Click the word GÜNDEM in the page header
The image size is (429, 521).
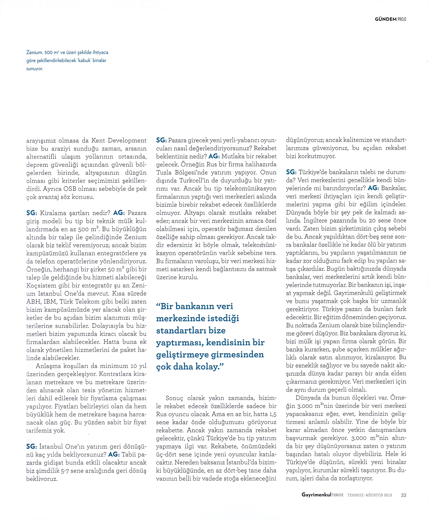tap(385, 19)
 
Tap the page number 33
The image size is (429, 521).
tap(403, 495)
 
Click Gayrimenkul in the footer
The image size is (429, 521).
tap(316, 495)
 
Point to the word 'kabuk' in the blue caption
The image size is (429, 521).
tap(83, 60)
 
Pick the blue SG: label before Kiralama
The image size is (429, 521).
tap(31, 213)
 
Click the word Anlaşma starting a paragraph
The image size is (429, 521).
tap(48, 366)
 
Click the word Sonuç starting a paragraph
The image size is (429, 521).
tap(174, 398)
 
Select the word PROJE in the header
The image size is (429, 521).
tap(402, 19)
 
